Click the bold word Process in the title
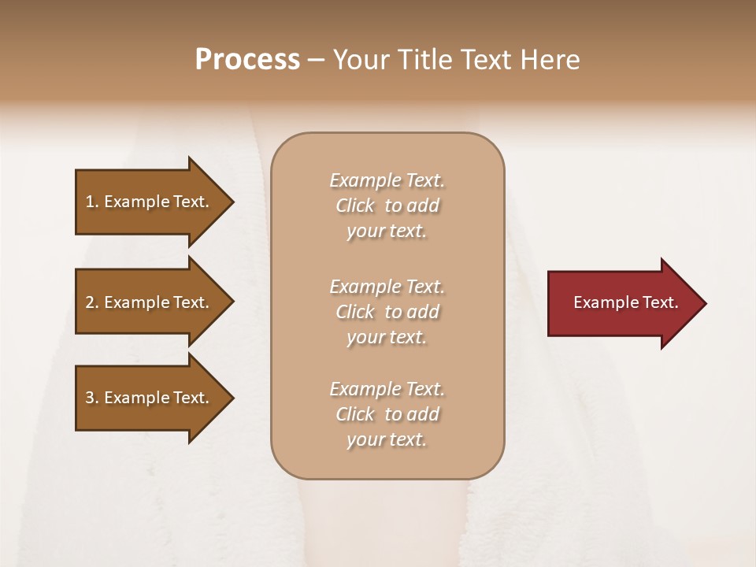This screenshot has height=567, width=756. coord(247,60)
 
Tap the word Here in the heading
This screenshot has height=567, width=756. coord(550,60)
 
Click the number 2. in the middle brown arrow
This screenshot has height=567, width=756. coord(91,302)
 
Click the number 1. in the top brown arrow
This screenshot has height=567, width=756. coord(91,202)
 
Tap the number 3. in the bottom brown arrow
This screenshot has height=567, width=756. coord(91,398)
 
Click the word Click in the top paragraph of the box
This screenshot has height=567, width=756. coord(355,206)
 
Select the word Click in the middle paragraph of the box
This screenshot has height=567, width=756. coord(355,312)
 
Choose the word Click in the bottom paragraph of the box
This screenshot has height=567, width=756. coord(355,414)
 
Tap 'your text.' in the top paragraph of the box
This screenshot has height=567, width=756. coord(387,232)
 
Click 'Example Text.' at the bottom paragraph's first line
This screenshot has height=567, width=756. coord(387,389)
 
